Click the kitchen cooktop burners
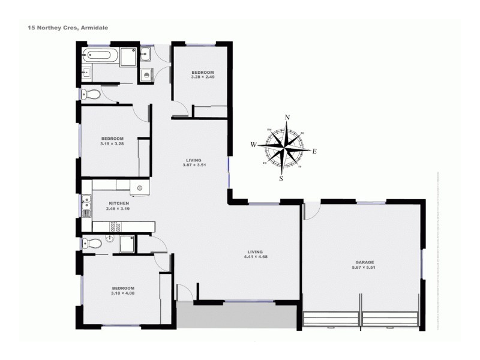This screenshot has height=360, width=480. tap(115, 226)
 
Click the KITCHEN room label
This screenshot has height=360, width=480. tap(103, 204)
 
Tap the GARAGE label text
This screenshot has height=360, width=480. tap(364, 263)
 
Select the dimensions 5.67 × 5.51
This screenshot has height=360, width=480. tap(364, 268)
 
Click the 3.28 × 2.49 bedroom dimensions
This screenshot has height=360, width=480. tap(202, 77)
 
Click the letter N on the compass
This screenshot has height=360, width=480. tap(287, 118)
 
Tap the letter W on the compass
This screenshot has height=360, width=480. tap(254, 145)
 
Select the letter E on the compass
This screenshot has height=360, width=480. tap(314, 151)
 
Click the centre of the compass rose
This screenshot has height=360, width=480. tap(284, 147)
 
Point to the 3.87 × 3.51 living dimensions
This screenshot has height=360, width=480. tap(193, 165)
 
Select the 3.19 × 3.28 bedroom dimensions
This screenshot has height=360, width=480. tap(112, 143)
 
